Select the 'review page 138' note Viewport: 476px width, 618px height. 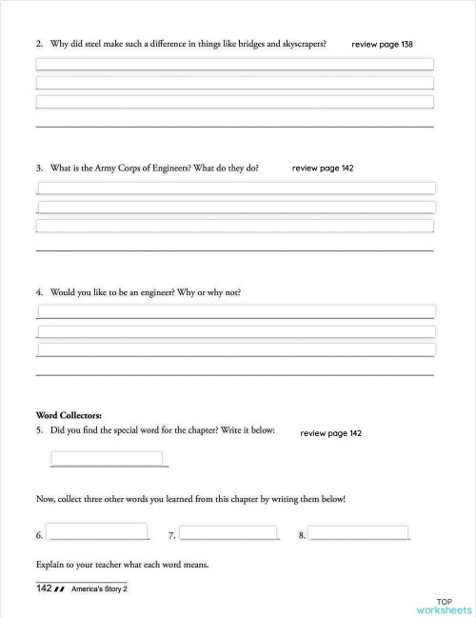382,45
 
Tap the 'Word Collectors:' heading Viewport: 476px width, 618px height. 69,415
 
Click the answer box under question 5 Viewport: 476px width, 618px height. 107,458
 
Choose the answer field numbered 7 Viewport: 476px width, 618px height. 228,531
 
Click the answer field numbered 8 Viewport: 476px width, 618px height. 359,531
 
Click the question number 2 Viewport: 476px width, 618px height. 39,44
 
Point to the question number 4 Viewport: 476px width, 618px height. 39,291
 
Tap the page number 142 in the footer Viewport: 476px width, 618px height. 44,588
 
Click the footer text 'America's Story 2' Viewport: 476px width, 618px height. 99,589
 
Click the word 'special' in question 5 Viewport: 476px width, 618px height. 135,430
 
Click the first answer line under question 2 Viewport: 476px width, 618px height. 234,65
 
